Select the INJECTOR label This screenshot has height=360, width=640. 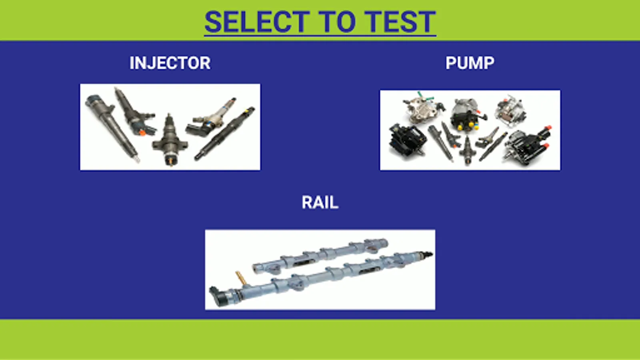click(x=170, y=63)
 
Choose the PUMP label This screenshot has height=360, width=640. click(x=470, y=63)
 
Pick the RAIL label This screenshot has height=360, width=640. click(x=320, y=202)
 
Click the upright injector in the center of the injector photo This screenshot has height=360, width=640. click(x=170, y=140)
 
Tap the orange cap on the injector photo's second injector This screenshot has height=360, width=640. click(x=142, y=132)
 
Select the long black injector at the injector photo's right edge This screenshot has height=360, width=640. click(x=224, y=134)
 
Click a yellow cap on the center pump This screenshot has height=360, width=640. click(x=460, y=128)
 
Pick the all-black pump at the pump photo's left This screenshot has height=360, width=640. click(x=407, y=140)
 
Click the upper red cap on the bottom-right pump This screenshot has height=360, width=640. click(x=548, y=128)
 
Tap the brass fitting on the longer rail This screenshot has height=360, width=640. click(x=241, y=278)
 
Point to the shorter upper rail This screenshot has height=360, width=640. click(x=320, y=256)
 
